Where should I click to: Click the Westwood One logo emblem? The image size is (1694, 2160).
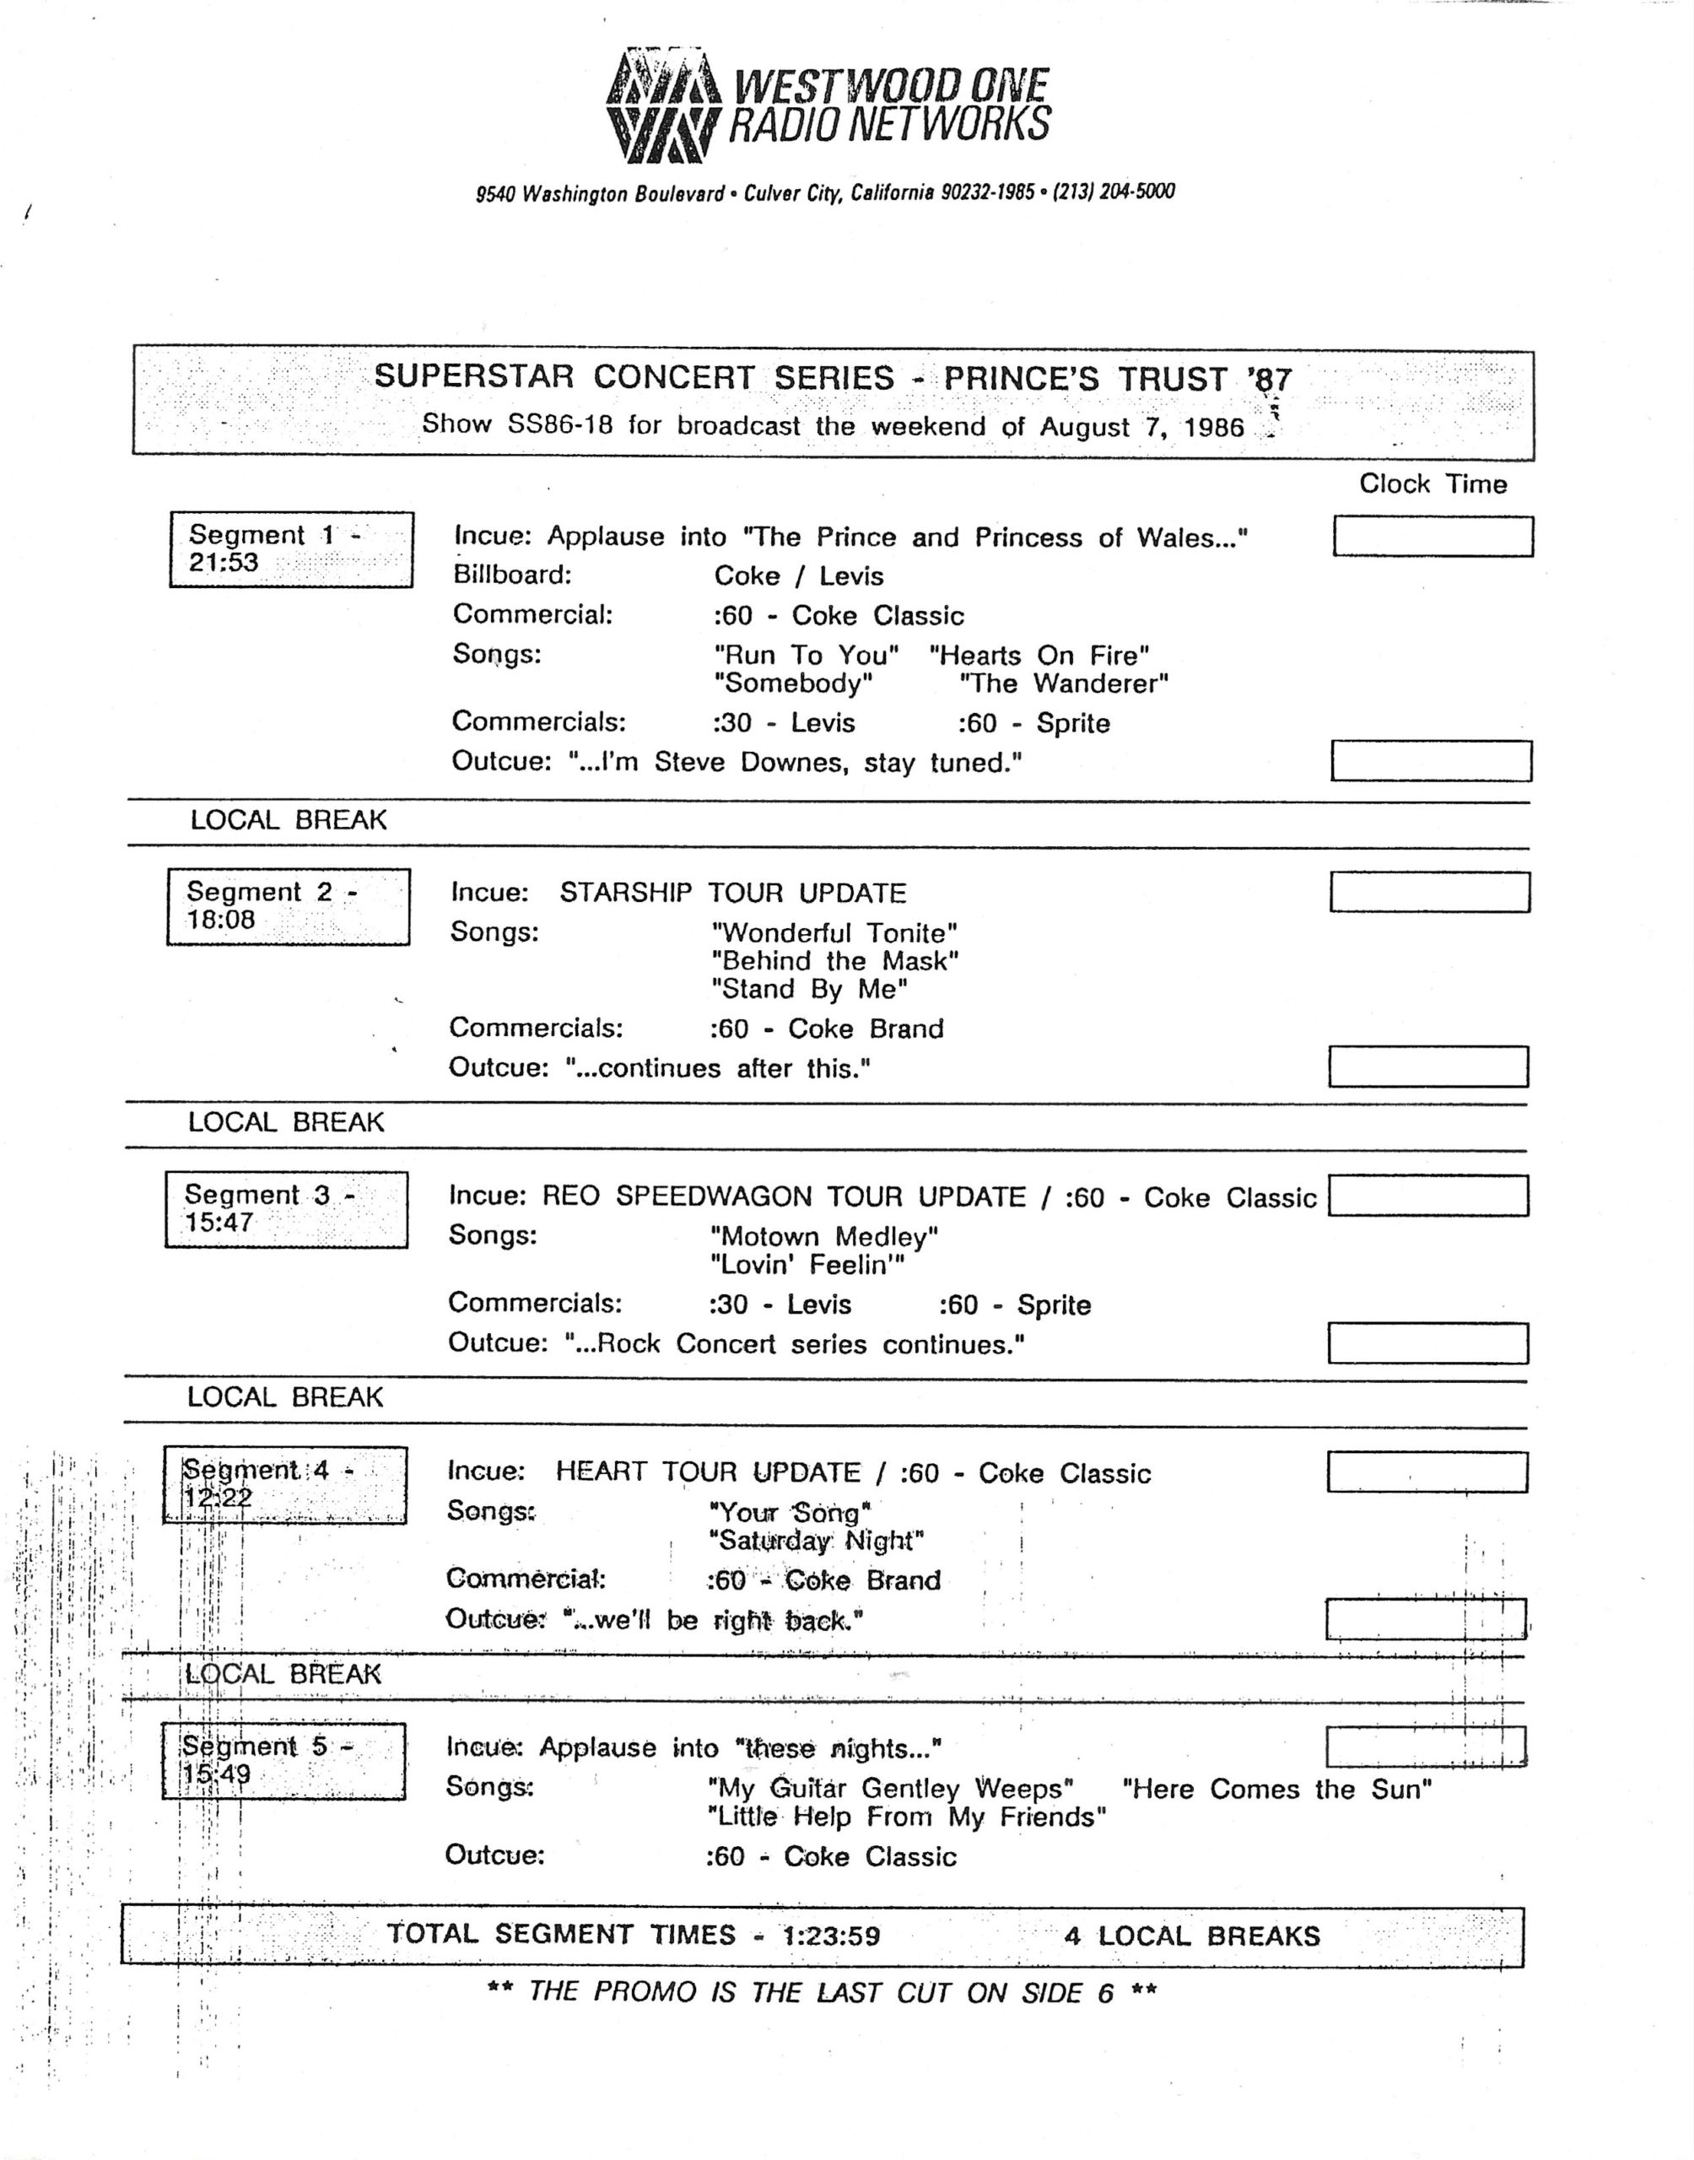click(662, 107)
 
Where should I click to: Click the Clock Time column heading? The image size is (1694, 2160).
click(1432, 484)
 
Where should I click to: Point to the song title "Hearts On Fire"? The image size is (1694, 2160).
click(1039, 656)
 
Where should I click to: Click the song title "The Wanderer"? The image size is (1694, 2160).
click(1064, 683)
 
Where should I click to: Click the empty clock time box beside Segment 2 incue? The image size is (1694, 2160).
click(1429, 892)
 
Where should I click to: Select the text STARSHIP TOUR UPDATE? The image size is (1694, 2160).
click(733, 893)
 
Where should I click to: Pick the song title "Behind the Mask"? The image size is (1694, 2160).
click(835, 961)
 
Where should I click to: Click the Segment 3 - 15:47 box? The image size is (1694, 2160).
click(287, 1209)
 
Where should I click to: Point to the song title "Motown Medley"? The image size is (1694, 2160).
click(824, 1237)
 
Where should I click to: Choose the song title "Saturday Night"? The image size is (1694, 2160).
click(817, 1542)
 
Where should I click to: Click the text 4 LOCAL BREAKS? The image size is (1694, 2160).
click(1192, 1936)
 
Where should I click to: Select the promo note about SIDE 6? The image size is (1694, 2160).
click(823, 1992)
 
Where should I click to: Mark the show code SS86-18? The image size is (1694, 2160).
click(560, 424)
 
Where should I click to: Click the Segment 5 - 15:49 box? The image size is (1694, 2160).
click(283, 1760)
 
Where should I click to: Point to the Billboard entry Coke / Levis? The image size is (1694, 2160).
click(798, 576)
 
